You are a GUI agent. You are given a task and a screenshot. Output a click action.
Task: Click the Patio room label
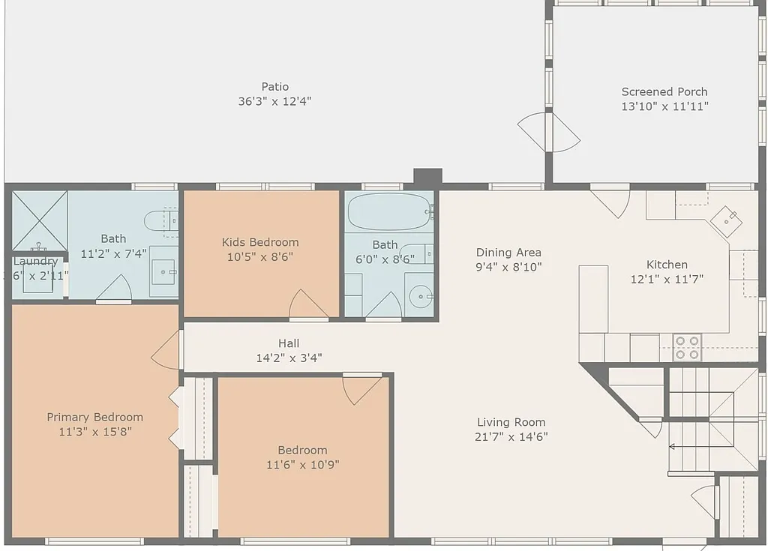pos(274,87)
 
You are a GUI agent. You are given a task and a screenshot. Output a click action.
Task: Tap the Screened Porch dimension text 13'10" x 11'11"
pos(664,106)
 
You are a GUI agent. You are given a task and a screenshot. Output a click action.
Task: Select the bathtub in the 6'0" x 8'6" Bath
pos(389,211)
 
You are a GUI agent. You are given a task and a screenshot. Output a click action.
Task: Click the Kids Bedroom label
pos(260,242)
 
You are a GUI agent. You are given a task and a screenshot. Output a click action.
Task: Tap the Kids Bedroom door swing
pos(307,304)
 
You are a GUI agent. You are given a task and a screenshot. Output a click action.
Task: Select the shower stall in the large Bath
pos(39,220)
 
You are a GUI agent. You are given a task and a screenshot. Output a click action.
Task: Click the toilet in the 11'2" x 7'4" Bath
pos(161,220)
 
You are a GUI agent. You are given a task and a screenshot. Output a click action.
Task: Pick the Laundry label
pos(35,262)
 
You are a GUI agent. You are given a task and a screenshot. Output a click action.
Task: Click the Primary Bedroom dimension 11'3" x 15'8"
pos(94,432)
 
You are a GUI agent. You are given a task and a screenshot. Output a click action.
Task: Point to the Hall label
pos(289,343)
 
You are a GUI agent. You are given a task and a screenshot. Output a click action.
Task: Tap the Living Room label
pos(511,422)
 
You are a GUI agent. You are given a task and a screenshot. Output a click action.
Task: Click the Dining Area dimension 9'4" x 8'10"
pos(508,267)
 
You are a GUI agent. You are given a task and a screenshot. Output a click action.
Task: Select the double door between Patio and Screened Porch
pos(550,132)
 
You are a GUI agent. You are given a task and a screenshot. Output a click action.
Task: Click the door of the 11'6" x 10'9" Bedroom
pos(362,388)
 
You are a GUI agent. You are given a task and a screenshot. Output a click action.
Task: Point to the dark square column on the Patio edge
pos(427,177)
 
